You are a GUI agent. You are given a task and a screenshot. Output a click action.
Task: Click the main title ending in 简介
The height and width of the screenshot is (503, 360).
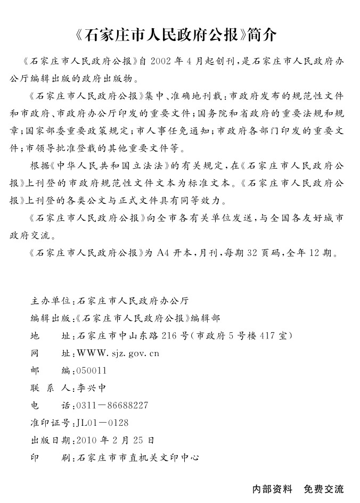point(180,35)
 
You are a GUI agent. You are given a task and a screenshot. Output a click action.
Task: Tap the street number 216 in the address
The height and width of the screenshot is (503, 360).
point(168,336)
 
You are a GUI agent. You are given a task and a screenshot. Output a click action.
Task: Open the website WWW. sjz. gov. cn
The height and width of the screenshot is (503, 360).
point(118,353)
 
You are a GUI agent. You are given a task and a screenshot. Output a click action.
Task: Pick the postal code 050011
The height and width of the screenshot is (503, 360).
point(92,370)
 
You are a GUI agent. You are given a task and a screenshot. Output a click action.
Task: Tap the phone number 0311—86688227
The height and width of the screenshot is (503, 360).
point(112,406)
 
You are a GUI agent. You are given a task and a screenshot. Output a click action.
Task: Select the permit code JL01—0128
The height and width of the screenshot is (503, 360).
point(103,423)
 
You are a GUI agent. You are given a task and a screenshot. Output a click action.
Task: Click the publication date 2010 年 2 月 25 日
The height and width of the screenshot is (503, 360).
point(116,440)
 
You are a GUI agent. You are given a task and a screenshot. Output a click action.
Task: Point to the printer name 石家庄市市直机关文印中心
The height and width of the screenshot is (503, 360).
point(138,457)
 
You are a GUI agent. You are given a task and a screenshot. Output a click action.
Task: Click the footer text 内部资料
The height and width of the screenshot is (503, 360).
point(272,489)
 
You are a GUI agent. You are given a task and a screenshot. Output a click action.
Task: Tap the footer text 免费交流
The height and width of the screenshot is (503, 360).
point(324,489)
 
